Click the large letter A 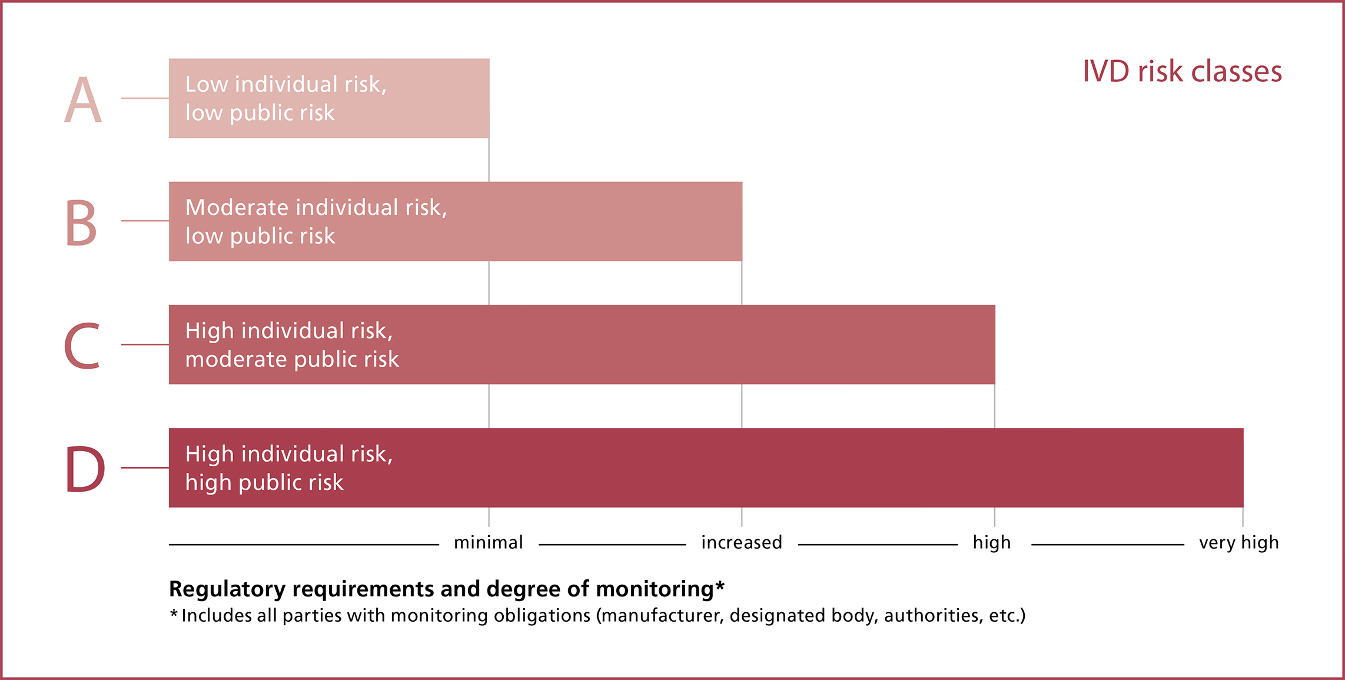coord(83,101)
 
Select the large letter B coord(81,223)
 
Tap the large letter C coord(82,346)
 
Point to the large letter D coord(85,469)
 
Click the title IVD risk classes coord(1182,72)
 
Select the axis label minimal coord(488,542)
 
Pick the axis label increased coord(741,542)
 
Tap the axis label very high coord(1238,542)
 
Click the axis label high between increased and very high coord(991,542)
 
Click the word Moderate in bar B coord(237,208)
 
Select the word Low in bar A coord(206,84)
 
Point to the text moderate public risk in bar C coord(292,359)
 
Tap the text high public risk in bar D coord(264,483)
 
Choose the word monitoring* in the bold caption coord(660,589)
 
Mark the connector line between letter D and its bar coord(145,467)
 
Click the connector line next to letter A coord(145,98)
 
